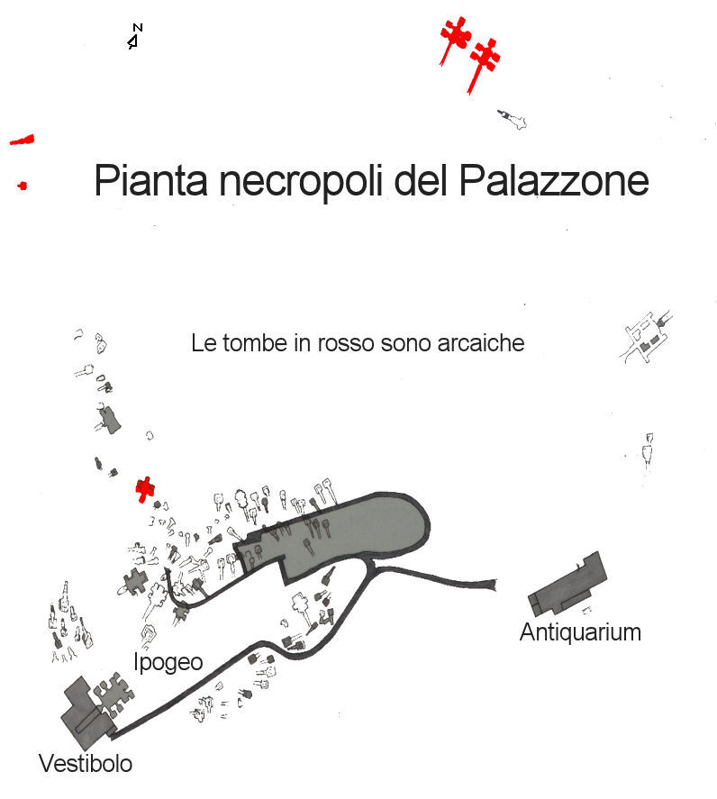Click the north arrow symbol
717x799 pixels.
click(135, 37)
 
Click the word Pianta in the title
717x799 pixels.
click(150, 182)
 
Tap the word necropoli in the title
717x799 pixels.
click(304, 182)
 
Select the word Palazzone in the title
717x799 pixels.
click(553, 182)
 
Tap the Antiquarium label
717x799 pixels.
click(580, 632)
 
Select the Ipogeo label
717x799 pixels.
click(168, 662)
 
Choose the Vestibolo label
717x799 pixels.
click(86, 764)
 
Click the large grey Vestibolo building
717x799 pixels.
click(84, 713)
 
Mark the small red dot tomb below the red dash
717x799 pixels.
click(22, 186)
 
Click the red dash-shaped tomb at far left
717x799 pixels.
click(22, 140)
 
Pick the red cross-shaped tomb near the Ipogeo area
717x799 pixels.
click(144, 488)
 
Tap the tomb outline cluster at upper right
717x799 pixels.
click(647, 337)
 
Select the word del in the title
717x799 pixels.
click(422, 182)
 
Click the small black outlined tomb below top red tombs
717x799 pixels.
click(513, 119)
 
